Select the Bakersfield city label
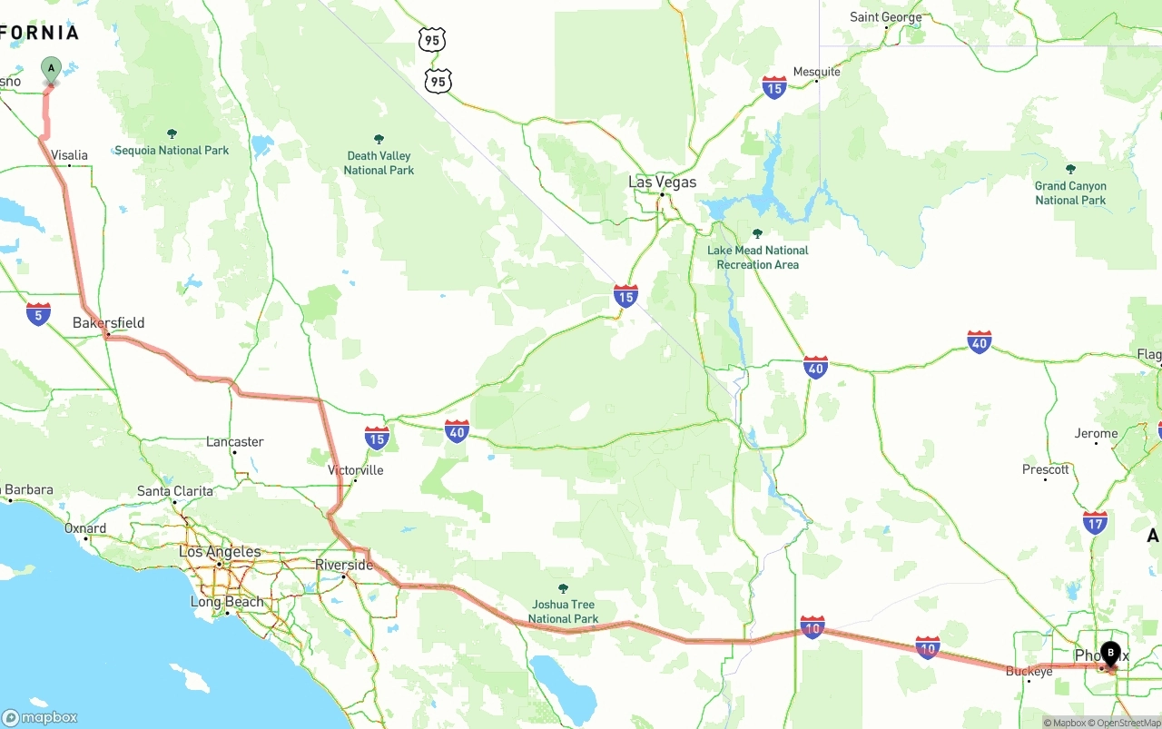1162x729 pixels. click(108, 323)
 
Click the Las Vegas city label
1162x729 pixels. click(662, 182)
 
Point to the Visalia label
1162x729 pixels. click(70, 155)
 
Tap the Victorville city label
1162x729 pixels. click(356, 470)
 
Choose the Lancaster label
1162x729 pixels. click(234, 442)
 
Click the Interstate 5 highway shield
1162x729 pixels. click(38, 314)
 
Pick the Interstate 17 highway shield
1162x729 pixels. click(1095, 522)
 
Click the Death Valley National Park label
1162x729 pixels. click(379, 163)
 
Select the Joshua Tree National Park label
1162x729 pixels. click(563, 611)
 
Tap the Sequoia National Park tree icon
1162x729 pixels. click(172, 134)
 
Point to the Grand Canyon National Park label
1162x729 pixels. click(1070, 192)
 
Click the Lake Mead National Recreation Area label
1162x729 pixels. click(757, 257)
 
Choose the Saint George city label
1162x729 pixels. click(885, 17)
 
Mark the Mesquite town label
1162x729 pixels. click(816, 72)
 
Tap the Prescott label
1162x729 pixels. click(1045, 469)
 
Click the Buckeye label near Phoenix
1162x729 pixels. click(1029, 671)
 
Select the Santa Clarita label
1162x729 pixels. click(175, 491)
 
